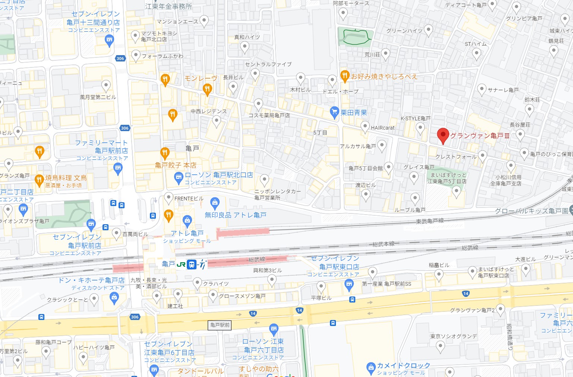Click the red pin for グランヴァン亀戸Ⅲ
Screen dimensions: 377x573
click(443, 136)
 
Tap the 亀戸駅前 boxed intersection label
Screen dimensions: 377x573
click(220, 325)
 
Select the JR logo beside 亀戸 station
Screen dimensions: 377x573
click(181, 264)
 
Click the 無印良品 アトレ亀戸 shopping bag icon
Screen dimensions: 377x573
click(214, 203)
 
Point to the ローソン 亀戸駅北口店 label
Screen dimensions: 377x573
click(219, 175)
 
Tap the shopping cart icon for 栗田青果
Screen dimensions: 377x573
click(334, 112)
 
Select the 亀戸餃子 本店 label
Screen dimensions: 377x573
click(176, 165)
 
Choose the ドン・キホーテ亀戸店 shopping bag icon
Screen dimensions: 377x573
click(114, 297)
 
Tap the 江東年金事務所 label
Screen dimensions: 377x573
click(169, 6)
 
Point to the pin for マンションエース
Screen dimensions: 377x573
click(204, 21)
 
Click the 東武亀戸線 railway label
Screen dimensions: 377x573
click(430, 221)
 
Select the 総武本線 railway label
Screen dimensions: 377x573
click(383, 244)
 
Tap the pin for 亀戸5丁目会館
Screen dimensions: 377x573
click(388, 167)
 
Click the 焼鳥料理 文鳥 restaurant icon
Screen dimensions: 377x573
click(39, 180)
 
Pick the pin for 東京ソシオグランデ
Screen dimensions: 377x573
click(440, 346)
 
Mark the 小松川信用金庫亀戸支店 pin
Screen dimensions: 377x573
click(511, 166)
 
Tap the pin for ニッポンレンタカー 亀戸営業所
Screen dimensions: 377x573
click(264, 180)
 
